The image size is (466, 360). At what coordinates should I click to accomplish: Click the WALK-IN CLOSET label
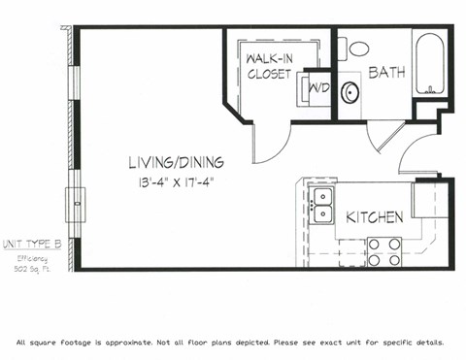270,66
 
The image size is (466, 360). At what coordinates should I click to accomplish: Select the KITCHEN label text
374,217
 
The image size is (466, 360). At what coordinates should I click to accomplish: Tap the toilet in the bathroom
358,48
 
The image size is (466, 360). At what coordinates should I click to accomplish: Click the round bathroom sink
349,93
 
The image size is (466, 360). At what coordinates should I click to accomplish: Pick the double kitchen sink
321,205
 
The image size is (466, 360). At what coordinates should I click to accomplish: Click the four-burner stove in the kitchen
384,251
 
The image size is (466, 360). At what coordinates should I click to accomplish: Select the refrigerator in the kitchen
427,198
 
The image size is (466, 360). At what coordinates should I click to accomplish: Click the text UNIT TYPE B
32,243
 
